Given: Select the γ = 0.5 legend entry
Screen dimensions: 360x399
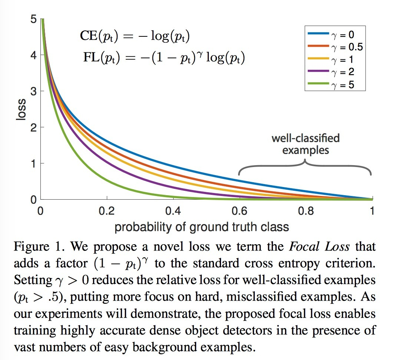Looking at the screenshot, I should (334, 47).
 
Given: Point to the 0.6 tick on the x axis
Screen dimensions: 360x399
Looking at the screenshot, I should (239, 211).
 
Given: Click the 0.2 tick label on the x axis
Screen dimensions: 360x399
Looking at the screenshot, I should (107, 211).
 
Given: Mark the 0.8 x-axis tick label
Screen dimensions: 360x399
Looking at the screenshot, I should (306, 211).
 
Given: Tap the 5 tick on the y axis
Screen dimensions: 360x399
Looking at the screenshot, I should (33, 19).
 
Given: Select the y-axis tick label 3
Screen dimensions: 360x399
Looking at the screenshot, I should (33, 91).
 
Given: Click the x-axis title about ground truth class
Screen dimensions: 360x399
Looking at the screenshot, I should (202, 226).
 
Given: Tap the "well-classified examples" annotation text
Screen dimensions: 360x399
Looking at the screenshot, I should (305, 144).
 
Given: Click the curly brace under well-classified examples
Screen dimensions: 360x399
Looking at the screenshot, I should (305, 168).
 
